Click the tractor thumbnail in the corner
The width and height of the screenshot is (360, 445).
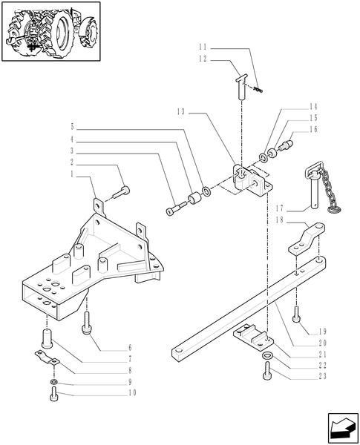coord(51,31)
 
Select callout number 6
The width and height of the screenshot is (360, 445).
coord(131,347)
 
